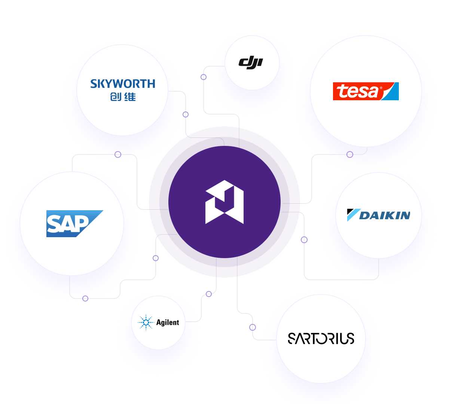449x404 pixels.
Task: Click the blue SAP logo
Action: (x=74, y=223)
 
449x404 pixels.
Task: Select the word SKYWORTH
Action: (x=123, y=84)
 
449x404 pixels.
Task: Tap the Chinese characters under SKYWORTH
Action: (x=123, y=97)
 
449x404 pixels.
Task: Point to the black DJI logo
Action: (x=251, y=62)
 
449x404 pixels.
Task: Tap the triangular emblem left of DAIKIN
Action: (x=352, y=215)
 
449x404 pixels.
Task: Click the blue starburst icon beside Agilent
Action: (x=146, y=322)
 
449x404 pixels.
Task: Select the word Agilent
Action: (x=168, y=322)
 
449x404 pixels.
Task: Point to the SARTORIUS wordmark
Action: (x=321, y=339)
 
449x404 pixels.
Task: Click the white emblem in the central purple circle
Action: (x=224, y=202)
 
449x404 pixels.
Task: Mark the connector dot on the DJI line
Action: (x=204, y=77)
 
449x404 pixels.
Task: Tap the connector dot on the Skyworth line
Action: (x=186, y=114)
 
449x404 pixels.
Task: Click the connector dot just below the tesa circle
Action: (x=350, y=154)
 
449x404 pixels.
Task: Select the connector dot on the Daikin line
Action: (x=304, y=239)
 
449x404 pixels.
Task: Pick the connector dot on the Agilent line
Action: (x=209, y=294)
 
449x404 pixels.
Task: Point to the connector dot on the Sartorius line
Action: (x=253, y=327)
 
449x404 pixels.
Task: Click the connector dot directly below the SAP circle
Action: (x=85, y=299)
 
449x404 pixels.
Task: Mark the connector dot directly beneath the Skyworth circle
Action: (x=118, y=154)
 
